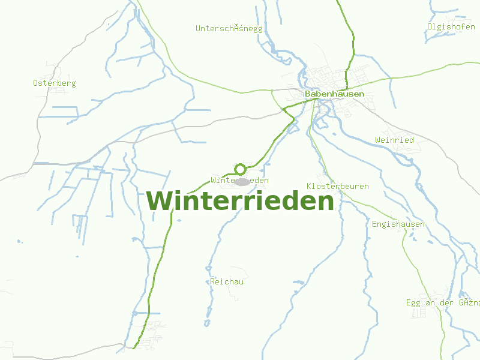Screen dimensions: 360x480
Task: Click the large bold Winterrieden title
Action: tap(240, 201)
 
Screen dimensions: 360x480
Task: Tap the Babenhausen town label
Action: tap(334, 94)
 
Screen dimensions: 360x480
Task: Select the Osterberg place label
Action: tap(55, 83)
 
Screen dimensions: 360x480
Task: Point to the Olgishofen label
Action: tap(451, 26)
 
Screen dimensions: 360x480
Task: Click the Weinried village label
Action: tap(394, 140)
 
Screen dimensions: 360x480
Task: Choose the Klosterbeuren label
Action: tap(337, 186)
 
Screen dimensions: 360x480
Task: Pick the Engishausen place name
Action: tap(398, 224)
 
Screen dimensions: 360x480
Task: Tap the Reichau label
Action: tap(227, 281)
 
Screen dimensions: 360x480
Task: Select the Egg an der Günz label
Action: tap(443, 302)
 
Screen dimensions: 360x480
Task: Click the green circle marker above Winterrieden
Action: tap(240, 169)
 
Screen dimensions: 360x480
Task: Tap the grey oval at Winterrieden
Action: tap(242, 181)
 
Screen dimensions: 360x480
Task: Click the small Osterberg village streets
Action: tap(57, 91)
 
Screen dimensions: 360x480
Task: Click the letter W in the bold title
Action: tap(159, 201)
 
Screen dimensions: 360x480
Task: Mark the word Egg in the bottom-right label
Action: tap(413, 302)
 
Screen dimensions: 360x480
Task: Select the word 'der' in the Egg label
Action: tap(448, 302)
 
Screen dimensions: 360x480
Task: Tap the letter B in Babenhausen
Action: tap(308, 94)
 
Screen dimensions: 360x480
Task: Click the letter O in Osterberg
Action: tap(36, 83)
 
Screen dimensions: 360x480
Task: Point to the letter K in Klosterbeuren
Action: tap(309, 186)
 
